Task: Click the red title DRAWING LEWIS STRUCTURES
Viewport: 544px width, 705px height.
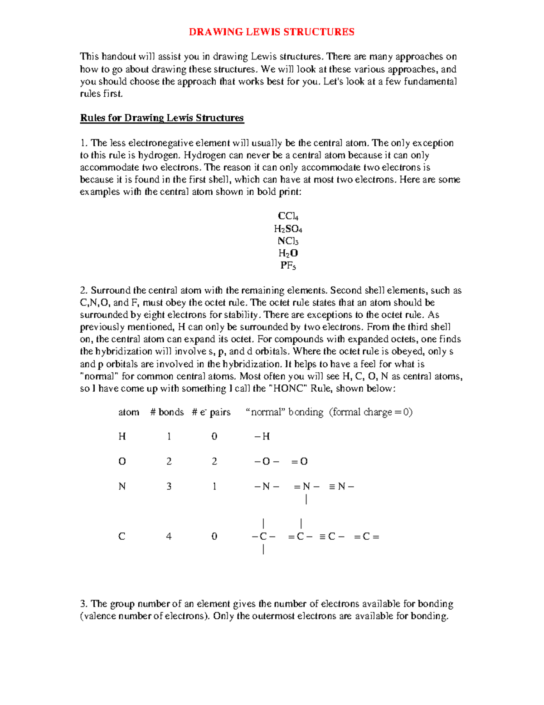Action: click(272, 32)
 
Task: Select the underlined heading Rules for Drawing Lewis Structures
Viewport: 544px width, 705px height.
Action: click(162, 118)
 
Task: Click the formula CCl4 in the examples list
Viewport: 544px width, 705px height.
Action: click(288, 216)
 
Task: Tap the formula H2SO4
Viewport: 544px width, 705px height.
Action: click(288, 229)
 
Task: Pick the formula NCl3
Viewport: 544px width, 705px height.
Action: click(288, 241)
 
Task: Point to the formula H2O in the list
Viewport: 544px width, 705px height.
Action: click(288, 253)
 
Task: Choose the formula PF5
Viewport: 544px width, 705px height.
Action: click(288, 266)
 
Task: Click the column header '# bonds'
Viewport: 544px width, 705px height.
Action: click(167, 412)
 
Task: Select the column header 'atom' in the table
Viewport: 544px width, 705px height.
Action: click(129, 412)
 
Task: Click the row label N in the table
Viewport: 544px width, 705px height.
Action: click(122, 487)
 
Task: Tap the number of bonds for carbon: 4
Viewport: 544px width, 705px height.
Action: click(169, 537)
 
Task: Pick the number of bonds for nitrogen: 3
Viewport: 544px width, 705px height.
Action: click(169, 487)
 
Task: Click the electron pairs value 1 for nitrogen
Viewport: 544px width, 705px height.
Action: click(214, 487)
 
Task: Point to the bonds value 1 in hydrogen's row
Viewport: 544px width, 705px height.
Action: click(169, 437)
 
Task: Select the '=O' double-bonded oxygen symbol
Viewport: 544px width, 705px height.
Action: click(299, 462)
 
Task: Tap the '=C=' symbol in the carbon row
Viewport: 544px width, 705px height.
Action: click(366, 537)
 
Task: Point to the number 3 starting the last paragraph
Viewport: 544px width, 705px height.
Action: click(83, 604)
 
